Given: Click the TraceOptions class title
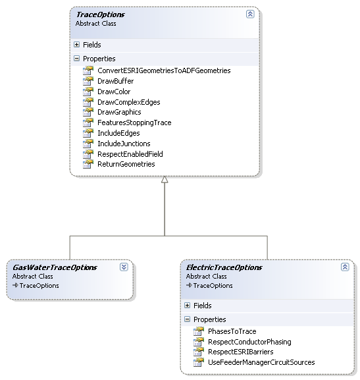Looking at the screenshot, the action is [x=100, y=14].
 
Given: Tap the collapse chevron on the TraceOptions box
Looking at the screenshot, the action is [x=250, y=14].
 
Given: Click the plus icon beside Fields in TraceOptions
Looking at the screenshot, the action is [x=76, y=45].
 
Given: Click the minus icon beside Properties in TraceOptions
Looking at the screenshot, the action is [x=76, y=59].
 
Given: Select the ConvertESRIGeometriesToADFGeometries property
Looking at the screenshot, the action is [x=164, y=70].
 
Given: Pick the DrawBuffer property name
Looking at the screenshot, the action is [x=116, y=81].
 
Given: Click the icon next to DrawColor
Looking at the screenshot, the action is [x=88, y=92].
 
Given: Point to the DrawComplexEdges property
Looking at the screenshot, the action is [x=128, y=102].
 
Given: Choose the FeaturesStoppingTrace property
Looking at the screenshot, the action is [x=134, y=122].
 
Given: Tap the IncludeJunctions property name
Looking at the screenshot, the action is [x=124, y=144].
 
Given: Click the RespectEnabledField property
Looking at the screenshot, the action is [x=130, y=154].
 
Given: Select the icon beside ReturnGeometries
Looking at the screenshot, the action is [x=88, y=164].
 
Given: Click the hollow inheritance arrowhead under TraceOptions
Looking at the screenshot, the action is [x=165, y=180].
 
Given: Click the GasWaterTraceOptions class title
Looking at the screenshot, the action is [x=55, y=267].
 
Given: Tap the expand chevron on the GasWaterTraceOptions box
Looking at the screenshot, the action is [x=124, y=267].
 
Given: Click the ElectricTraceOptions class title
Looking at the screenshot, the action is [x=224, y=267].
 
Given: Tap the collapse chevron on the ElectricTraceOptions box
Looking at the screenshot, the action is [x=345, y=267].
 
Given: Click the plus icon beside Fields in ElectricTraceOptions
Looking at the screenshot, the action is [x=188, y=306].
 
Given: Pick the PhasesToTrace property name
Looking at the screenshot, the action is [x=232, y=331].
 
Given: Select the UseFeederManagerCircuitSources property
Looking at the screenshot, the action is [x=261, y=362].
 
